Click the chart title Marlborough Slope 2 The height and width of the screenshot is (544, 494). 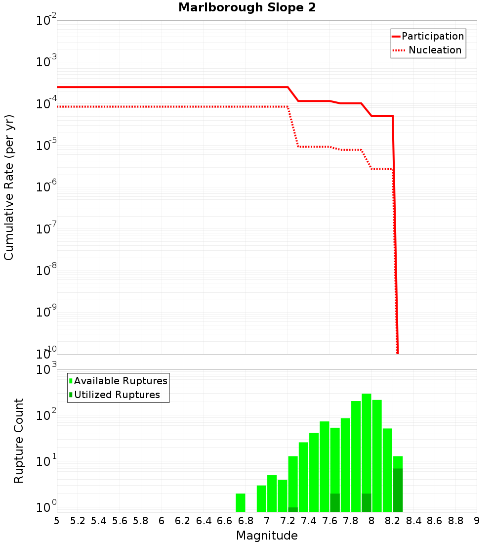247,8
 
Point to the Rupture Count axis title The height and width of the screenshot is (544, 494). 19,441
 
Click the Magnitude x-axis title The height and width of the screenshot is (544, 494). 267,536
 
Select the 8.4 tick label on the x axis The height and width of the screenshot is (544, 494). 413,521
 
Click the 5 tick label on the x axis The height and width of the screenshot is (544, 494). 57,521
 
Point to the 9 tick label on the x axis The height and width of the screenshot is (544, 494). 477,521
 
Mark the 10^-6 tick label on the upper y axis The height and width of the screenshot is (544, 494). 46,187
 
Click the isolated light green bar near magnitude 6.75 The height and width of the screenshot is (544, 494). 241,502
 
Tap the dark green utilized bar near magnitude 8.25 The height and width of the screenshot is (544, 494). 398,490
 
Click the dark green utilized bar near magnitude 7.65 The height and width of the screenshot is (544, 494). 335,502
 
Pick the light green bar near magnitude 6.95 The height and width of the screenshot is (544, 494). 261,499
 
